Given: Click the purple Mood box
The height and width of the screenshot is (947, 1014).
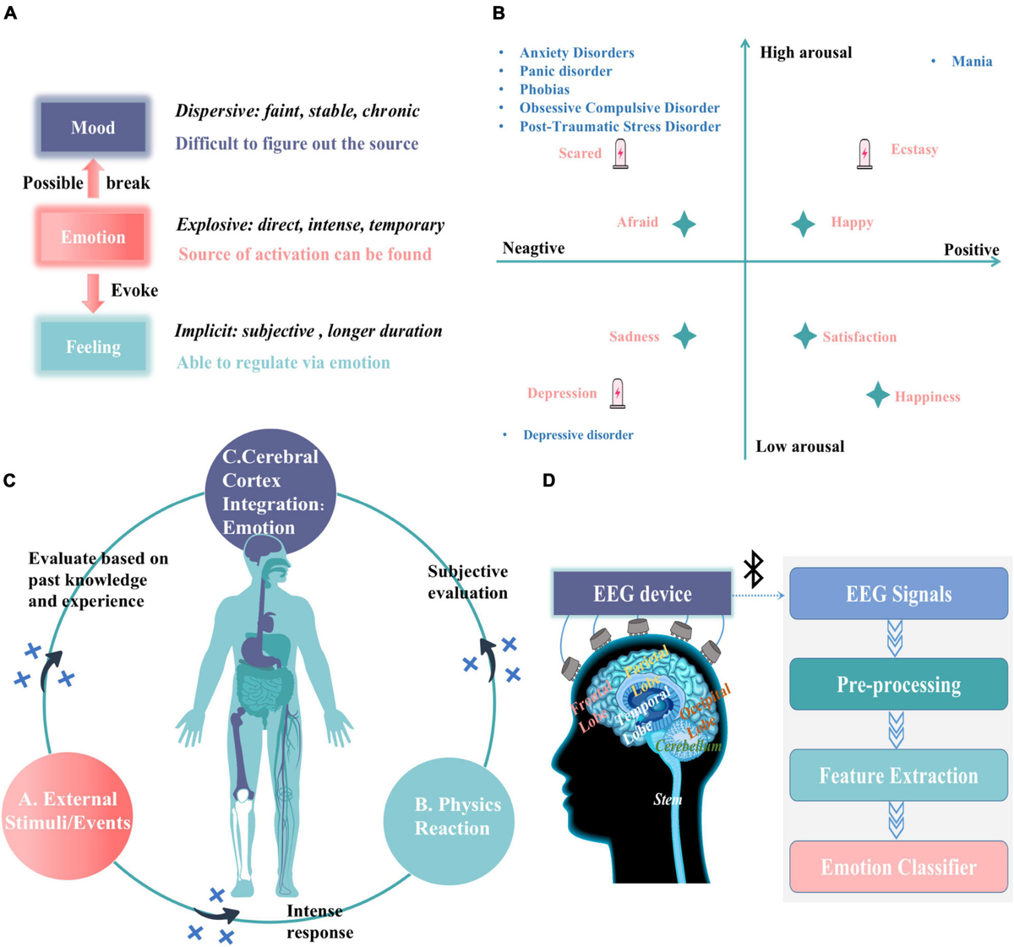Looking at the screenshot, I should point(93,128).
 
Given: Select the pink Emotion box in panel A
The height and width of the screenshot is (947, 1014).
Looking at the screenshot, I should point(93,237).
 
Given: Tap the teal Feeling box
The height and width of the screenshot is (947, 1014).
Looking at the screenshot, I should point(93,347).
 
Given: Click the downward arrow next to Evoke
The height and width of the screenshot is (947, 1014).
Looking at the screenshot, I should point(93,291).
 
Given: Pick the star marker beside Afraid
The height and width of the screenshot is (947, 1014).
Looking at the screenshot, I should point(684,224).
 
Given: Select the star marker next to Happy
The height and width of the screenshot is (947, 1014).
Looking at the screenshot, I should point(803,224).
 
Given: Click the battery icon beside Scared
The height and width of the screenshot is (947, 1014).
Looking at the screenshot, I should point(620,154).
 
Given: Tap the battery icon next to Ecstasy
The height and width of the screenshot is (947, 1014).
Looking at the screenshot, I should point(864,154).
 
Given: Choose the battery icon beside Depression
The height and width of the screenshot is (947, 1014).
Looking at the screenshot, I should point(618,394).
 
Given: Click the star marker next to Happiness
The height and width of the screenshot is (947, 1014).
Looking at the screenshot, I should point(878,395).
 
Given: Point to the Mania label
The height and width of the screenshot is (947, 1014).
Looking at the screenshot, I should point(972,62).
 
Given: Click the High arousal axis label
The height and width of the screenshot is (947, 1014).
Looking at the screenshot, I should point(805,52).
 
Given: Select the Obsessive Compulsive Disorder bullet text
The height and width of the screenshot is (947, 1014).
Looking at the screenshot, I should point(619,108).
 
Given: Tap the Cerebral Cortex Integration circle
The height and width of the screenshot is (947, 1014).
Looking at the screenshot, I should point(270,492).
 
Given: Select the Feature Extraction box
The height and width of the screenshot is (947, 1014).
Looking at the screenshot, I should point(898,776).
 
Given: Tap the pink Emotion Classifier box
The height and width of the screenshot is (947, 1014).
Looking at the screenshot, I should point(898,867).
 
